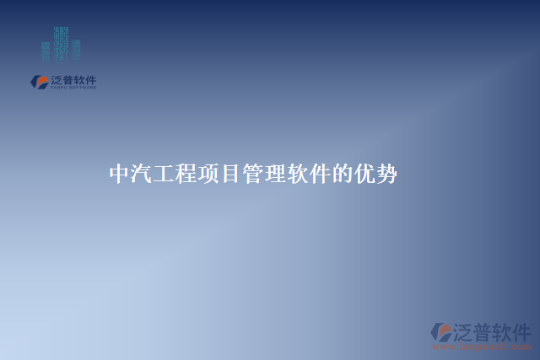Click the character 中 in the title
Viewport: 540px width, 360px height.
coord(119,175)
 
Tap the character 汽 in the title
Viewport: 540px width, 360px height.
coord(141,175)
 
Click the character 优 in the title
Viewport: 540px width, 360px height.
coord(363,175)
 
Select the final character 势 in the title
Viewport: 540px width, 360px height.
coord(386,175)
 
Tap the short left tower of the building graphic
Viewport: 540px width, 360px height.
coord(46,51)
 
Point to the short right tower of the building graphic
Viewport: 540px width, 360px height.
coord(76,50)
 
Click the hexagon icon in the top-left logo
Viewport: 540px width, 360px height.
coord(39,82)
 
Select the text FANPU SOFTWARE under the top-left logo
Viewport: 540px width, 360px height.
coord(73,88)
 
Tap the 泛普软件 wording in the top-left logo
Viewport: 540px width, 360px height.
coord(73,80)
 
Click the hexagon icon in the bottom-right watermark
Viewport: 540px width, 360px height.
coord(440,332)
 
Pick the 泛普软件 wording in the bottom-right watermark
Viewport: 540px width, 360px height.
coord(493,330)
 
